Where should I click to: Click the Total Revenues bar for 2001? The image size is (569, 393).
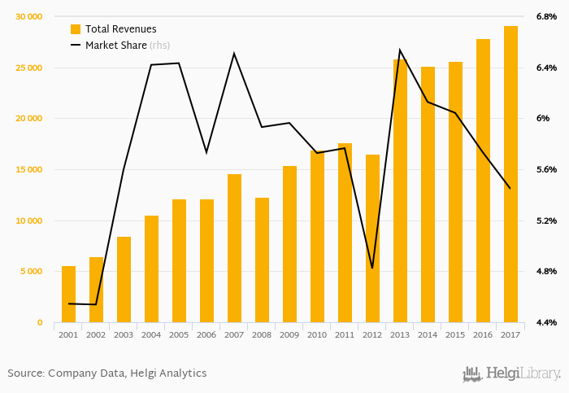pyautogui.click(x=68, y=295)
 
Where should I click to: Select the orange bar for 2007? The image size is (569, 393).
pyautogui.click(x=234, y=248)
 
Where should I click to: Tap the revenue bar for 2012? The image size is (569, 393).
pyautogui.click(x=372, y=238)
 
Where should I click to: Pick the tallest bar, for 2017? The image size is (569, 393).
pyautogui.click(x=510, y=174)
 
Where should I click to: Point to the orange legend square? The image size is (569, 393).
pyautogui.click(x=76, y=29)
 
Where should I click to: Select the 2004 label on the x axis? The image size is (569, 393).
pyautogui.click(x=151, y=334)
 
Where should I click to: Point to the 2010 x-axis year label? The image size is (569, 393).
pyautogui.click(x=317, y=334)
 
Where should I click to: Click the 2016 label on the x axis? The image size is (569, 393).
pyautogui.click(x=483, y=334)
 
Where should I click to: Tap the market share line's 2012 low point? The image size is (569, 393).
pyautogui.click(x=372, y=269)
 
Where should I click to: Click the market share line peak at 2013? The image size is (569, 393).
pyautogui.click(x=400, y=50)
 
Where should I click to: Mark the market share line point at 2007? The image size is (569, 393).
pyautogui.click(x=234, y=54)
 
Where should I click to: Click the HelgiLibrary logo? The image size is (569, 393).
pyautogui.click(x=512, y=373)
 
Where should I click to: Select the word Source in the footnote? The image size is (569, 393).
pyautogui.click(x=25, y=373)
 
